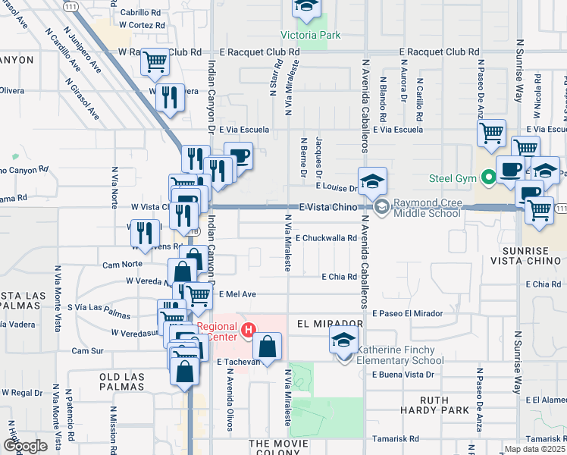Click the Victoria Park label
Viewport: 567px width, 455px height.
coord(310,35)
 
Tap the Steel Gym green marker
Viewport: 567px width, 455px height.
coord(489,179)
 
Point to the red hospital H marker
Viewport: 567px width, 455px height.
coord(247,330)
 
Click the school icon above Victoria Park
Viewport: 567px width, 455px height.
coord(305,8)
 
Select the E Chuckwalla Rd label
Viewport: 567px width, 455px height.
coord(326,238)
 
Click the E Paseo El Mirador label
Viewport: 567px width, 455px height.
coord(407,313)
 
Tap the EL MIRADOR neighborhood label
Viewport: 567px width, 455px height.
coord(331,323)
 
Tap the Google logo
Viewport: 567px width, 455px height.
coord(24,446)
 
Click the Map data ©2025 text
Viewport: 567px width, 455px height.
coord(534,449)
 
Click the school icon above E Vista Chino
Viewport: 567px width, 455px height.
coord(372,182)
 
